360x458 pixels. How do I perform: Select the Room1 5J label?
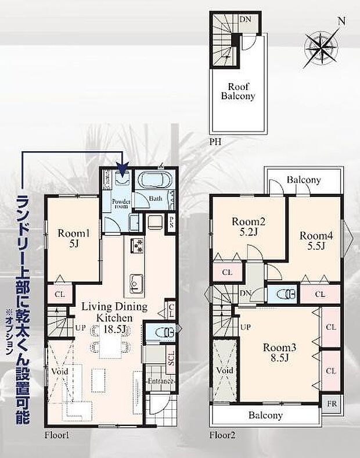[x=73, y=238]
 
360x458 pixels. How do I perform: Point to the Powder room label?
[x=120, y=202]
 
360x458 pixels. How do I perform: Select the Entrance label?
[x=160, y=381]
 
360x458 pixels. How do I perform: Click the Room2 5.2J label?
[x=249, y=227]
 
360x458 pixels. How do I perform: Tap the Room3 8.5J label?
[x=280, y=352]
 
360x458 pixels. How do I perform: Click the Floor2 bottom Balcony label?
[x=265, y=415]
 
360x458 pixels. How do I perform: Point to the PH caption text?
[x=215, y=141]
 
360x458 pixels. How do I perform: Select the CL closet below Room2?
[x=227, y=271]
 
